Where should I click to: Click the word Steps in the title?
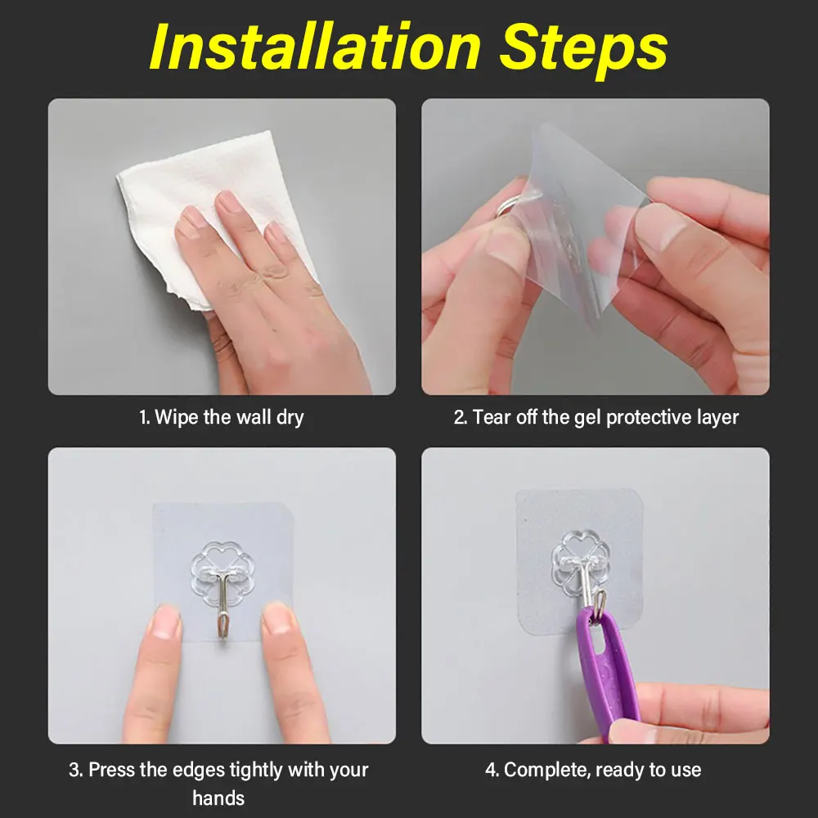click(x=583, y=51)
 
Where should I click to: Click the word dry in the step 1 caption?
click(x=290, y=418)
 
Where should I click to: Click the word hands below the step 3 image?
click(x=218, y=798)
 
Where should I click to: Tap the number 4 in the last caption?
click(x=490, y=771)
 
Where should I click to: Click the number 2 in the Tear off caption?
click(x=459, y=418)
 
